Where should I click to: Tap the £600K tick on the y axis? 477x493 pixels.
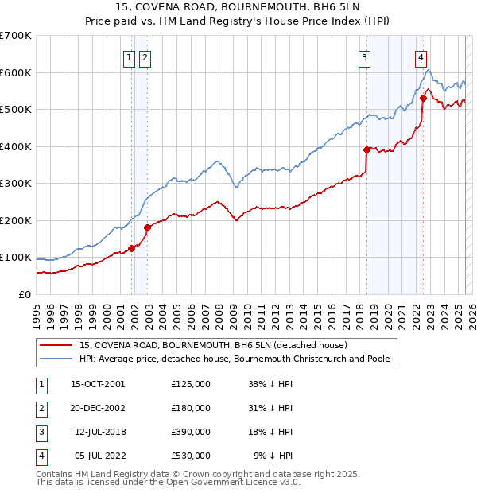16,72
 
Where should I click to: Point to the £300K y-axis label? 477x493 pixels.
16,184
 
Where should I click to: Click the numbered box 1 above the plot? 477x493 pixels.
128,56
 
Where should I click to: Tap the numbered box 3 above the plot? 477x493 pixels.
364,56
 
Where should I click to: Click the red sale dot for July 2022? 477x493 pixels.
423,99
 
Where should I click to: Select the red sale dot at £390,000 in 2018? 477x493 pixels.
366,149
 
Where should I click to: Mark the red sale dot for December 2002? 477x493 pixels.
148,227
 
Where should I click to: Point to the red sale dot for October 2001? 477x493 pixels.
131,248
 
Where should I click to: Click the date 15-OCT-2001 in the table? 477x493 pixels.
98,384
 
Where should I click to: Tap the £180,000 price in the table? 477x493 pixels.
191,408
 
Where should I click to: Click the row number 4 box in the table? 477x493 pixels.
40,456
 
